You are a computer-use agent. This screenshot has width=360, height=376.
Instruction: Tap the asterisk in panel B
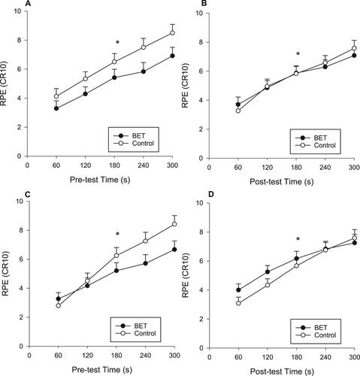coord(298,53)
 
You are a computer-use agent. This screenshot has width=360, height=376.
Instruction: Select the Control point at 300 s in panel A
coord(172,33)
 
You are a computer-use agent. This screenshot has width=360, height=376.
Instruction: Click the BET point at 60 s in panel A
coord(56,108)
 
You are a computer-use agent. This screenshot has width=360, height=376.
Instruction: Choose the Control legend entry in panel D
coord(316,335)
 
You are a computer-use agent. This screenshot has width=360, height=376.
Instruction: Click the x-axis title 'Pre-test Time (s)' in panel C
coord(101,369)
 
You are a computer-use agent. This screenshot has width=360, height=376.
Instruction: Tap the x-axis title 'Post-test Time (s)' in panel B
coord(282,181)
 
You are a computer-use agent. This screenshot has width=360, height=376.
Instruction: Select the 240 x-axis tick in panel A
coord(144,165)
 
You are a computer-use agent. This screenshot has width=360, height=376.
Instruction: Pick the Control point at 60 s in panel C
coord(59,305)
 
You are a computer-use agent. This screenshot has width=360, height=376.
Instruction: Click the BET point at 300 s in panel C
coord(174,250)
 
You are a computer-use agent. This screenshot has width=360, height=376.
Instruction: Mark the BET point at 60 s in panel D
coord(238,290)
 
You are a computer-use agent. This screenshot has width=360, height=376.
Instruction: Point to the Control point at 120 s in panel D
coord(268,285)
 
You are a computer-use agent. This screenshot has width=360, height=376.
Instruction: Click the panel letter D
coord(211,195)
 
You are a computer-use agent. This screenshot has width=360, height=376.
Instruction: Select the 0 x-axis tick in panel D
coord(210,357)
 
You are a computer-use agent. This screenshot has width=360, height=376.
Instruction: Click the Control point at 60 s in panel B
coord(238,111)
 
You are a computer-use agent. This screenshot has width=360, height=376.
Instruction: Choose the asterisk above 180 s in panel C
coord(117,234)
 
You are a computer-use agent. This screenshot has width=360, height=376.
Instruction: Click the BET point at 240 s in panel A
coord(144,71)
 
